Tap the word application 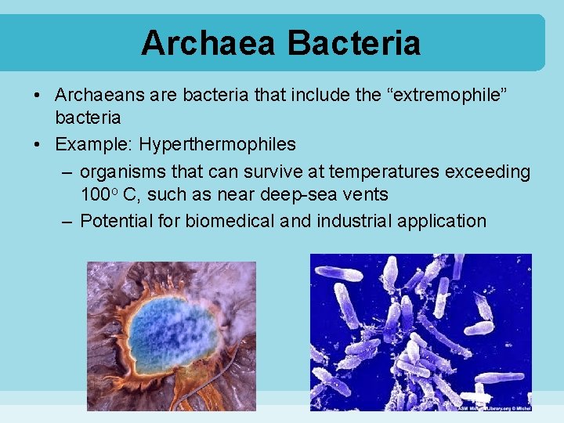[x=442, y=221]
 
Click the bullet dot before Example [x=38, y=145]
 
